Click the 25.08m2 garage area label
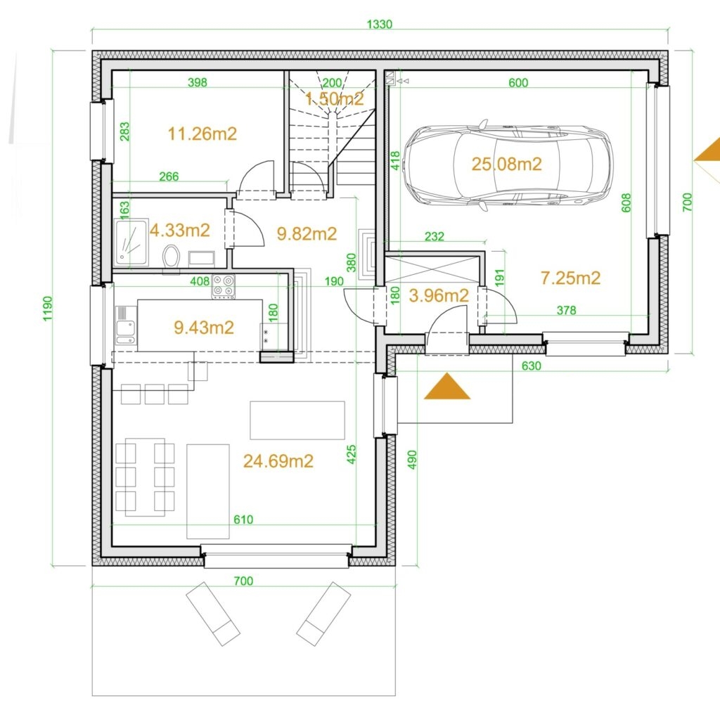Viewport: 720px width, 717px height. tap(507, 164)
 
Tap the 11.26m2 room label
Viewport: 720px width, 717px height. tap(202, 134)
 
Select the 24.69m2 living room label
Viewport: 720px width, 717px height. tap(278, 461)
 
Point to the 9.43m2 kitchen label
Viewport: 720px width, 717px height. tap(204, 328)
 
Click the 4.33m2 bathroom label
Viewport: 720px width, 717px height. tap(179, 230)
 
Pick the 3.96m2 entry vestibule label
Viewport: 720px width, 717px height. tap(439, 296)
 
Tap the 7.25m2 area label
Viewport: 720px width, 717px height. tap(570, 278)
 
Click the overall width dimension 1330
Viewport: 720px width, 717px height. tap(380, 24)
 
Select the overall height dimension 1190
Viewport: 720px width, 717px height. tap(49, 309)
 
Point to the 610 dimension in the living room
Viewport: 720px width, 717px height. tap(243, 519)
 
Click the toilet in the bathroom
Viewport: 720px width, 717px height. tap(171, 257)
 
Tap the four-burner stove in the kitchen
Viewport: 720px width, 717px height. tap(223, 286)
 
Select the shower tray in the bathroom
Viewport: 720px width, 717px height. tap(131, 242)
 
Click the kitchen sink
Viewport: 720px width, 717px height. tap(125, 325)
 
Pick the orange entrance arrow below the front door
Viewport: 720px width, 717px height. tap(446, 386)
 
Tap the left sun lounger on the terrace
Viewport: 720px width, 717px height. tap(212, 614)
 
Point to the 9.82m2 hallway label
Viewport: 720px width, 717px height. tap(307, 234)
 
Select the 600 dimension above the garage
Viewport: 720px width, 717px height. tap(518, 83)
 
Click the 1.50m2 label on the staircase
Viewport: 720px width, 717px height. tap(334, 98)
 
